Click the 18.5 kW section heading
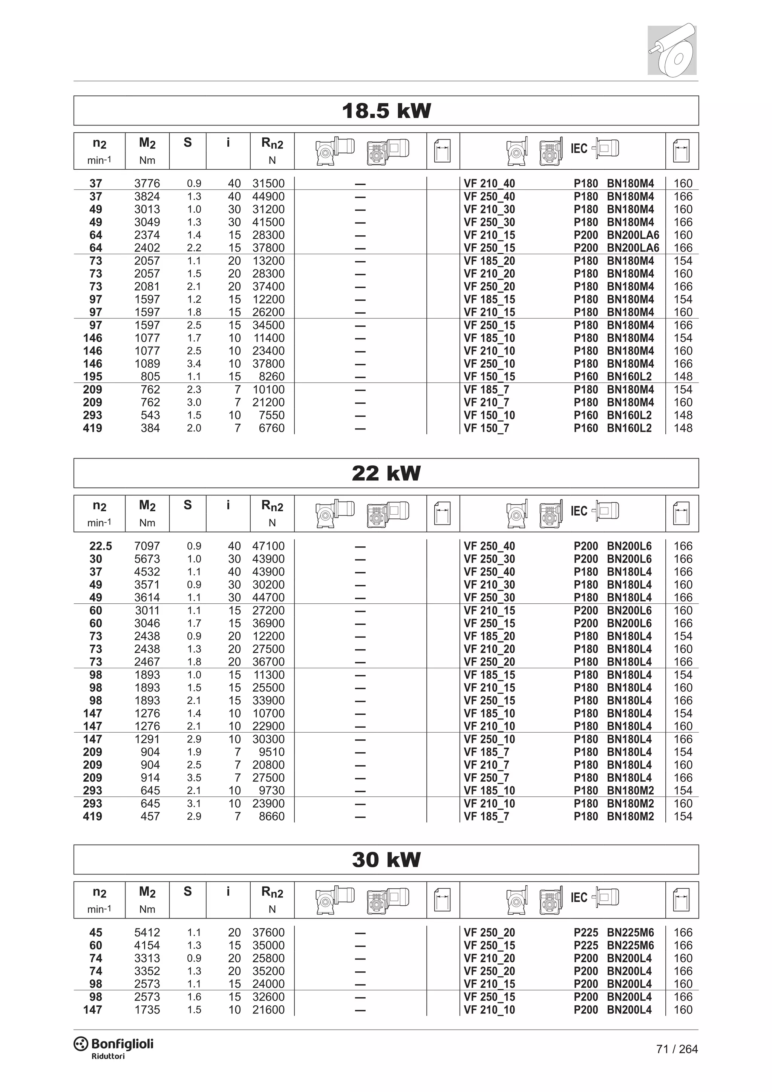[386, 111]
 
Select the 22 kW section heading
[386, 473]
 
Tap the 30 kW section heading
[386, 860]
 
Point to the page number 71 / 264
[677, 1049]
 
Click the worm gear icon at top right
[672, 50]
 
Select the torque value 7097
[147, 546]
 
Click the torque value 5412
[147, 932]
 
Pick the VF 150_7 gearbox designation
[486, 428]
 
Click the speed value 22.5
[100, 546]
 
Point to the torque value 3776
[147, 184]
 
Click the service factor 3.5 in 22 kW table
[194, 778]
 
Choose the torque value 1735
[147, 1010]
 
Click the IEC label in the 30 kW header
[579, 897]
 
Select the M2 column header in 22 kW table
[147, 506]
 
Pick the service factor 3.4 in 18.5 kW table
[194, 364]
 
